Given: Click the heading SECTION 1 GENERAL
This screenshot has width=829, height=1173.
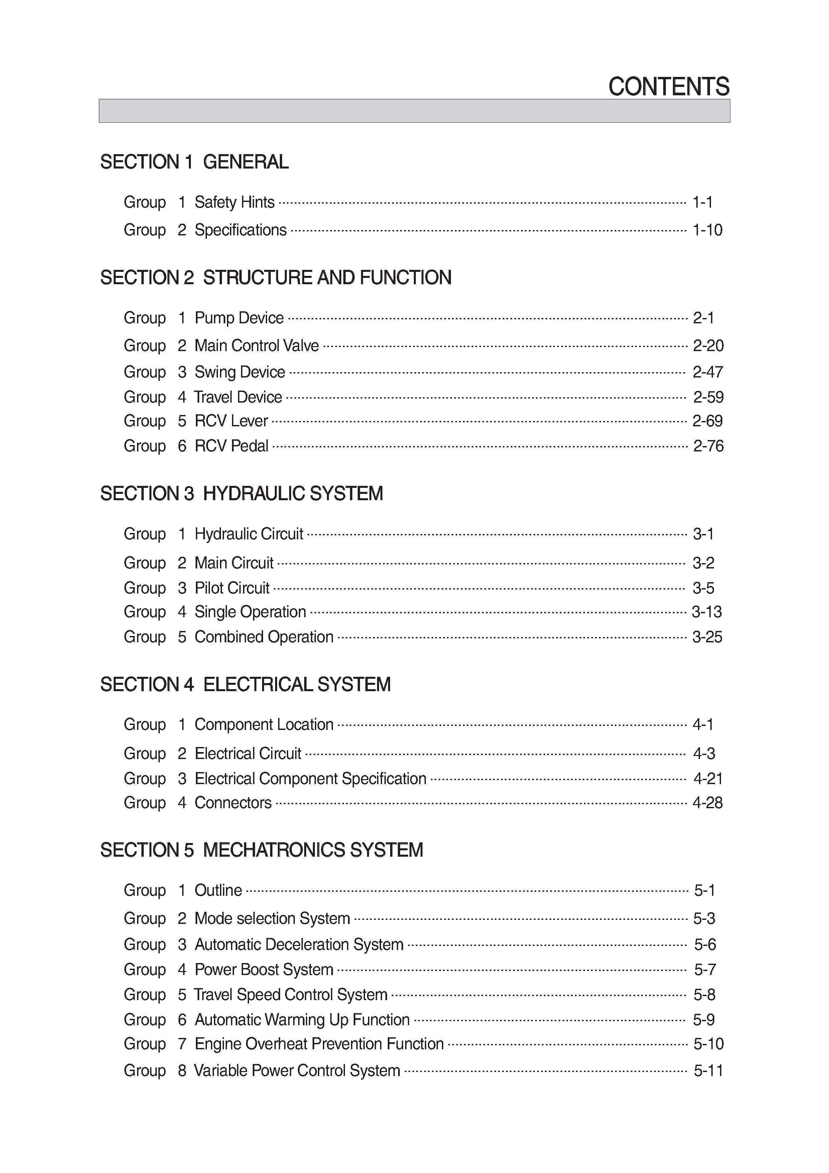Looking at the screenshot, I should click(195, 162).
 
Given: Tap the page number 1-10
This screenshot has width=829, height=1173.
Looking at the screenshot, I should click(707, 230).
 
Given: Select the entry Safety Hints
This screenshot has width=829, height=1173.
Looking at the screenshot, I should click(234, 202).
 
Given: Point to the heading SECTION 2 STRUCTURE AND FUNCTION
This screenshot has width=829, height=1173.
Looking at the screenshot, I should click(276, 278).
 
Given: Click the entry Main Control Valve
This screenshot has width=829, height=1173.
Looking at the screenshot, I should click(256, 346).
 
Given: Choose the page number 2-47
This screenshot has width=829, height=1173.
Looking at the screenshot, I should click(707, 372).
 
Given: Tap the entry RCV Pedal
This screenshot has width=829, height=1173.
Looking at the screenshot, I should click(231, 446).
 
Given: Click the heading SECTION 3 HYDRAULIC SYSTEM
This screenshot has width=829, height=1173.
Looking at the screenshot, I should click(242, 494).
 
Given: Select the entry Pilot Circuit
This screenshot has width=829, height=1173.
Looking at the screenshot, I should click(232, 588).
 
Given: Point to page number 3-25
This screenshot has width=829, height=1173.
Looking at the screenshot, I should click(707, 637).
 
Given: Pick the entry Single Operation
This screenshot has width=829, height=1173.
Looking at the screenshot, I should click(250, 612).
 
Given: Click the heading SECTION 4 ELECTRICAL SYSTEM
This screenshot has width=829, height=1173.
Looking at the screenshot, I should click(246, 684).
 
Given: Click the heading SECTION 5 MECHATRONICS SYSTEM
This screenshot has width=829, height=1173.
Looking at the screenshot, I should click(261, 850).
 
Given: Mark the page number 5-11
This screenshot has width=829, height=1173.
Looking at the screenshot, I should click(708, 1070).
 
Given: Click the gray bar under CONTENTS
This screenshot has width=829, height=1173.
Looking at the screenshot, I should click(414, 111).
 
